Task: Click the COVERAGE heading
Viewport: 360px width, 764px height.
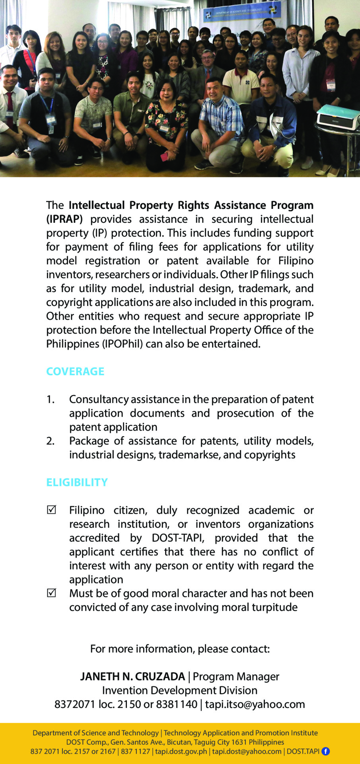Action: pos(75,371)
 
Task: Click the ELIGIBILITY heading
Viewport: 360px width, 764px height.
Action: pos(77,482)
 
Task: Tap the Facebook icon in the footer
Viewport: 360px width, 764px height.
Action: pos(325,751)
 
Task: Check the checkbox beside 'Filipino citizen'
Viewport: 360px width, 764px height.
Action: pos(51,510)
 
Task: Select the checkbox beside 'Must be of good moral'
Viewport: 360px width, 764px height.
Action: pos(51,593)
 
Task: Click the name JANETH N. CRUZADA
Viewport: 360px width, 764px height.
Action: pos(132,676)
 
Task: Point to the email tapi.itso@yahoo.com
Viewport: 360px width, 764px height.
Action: pos(255,704)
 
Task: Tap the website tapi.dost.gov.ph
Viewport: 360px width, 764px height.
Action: pos(181,751)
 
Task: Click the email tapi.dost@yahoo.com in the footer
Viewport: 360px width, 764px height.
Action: pos(247,751)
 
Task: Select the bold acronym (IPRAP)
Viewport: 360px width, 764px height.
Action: pos(64,219)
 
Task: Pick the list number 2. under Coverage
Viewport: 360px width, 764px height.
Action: pos(50,441)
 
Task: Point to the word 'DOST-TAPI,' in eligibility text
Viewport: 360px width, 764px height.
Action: pos(178,538)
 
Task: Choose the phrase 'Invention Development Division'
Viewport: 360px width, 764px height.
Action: pos(180,690)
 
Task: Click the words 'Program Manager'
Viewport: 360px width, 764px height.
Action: pos(236,676)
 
